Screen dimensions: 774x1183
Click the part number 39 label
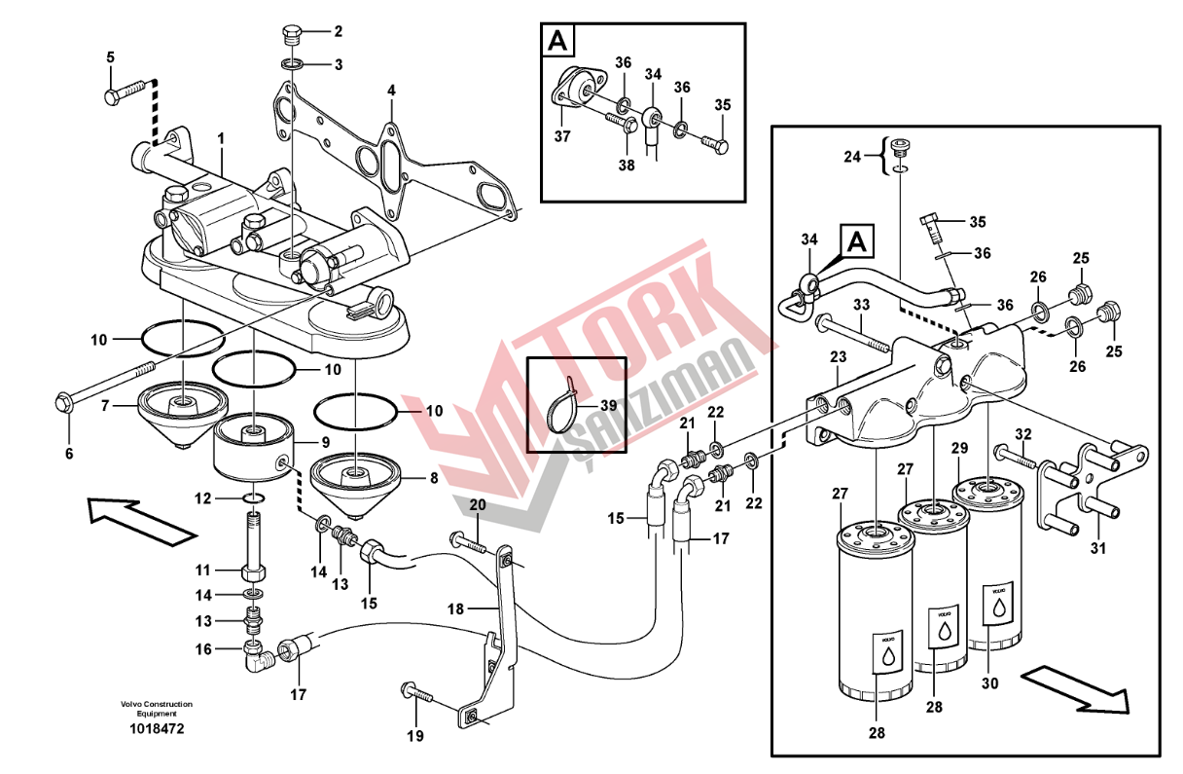pos(608,405)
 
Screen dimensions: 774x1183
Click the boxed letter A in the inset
pos(557,41)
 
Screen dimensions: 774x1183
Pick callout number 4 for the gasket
pos(391,91)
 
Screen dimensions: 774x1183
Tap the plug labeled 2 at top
pos(291,37)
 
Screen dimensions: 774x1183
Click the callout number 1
pos(221,140)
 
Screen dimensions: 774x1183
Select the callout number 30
pos(989,683)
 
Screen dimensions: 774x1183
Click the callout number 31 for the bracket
pos(1097,549)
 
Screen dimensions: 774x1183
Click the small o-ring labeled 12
pos(252,499)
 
